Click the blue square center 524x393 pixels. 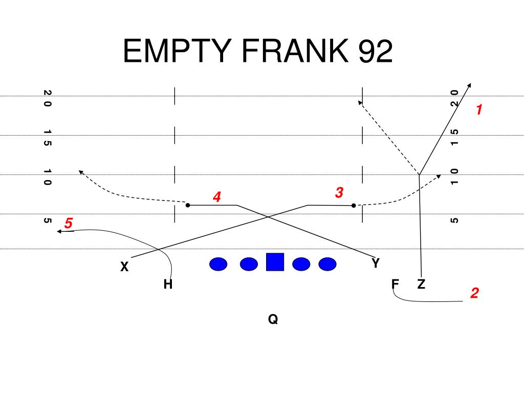tap(275, 262)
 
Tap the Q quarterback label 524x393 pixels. tap(273, 320)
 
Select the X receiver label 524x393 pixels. tap(124, 267)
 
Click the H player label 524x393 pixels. tap(167, 285)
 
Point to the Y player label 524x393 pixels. tap(376, 264)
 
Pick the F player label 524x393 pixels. tap(395, 285)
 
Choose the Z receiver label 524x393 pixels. tap(421, 285)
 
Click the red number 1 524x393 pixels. tap(479, 110)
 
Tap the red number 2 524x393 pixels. tap(475, 293)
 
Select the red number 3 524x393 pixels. tap(339, 193)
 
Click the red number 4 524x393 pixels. tap(217, 197)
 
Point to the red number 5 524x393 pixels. tap(69, 224)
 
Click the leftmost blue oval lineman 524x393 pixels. tap(219, 264)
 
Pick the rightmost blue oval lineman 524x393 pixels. tap(327, 264)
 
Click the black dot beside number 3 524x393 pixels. tap(354, 206)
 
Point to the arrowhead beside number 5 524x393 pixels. tap(59, 232)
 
